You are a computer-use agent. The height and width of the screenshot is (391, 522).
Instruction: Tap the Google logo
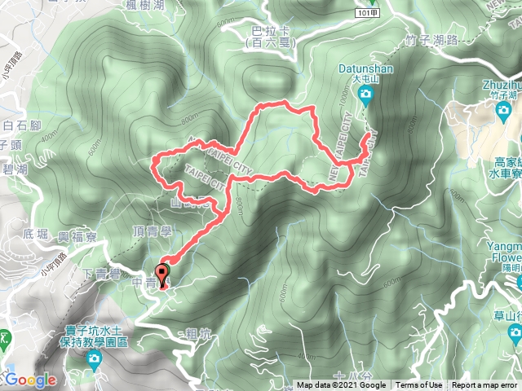pyautogui.click(x=29, y=380)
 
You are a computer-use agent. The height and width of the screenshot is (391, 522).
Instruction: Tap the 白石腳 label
pyautogui.click(x=21, y=125)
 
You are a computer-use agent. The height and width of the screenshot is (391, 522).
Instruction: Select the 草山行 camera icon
pyautogui.click(x=515, y=332)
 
